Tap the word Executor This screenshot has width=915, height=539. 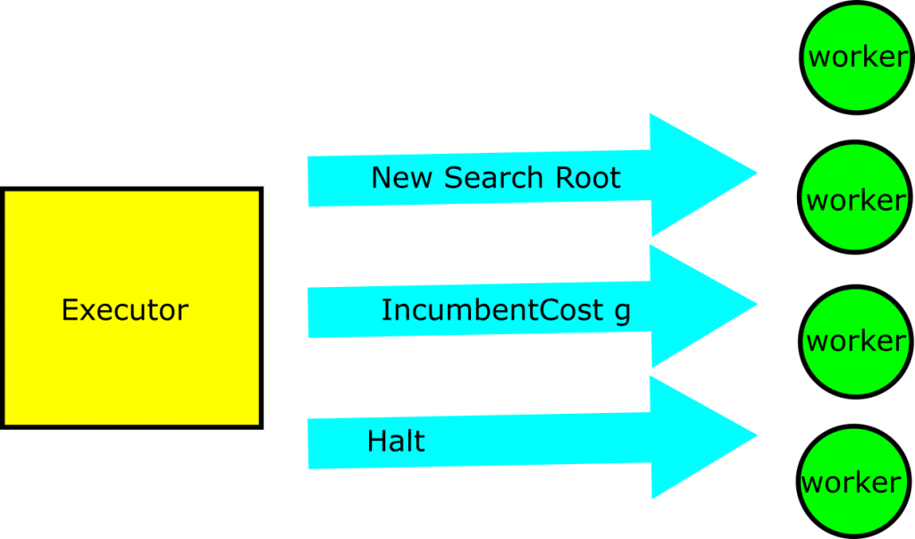125,310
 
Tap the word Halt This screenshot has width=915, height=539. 396,442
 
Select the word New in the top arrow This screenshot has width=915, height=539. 402,178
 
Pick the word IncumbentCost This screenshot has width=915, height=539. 492,310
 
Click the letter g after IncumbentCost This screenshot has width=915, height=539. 622,312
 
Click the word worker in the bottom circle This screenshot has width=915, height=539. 852,483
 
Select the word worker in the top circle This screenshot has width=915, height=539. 858,57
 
